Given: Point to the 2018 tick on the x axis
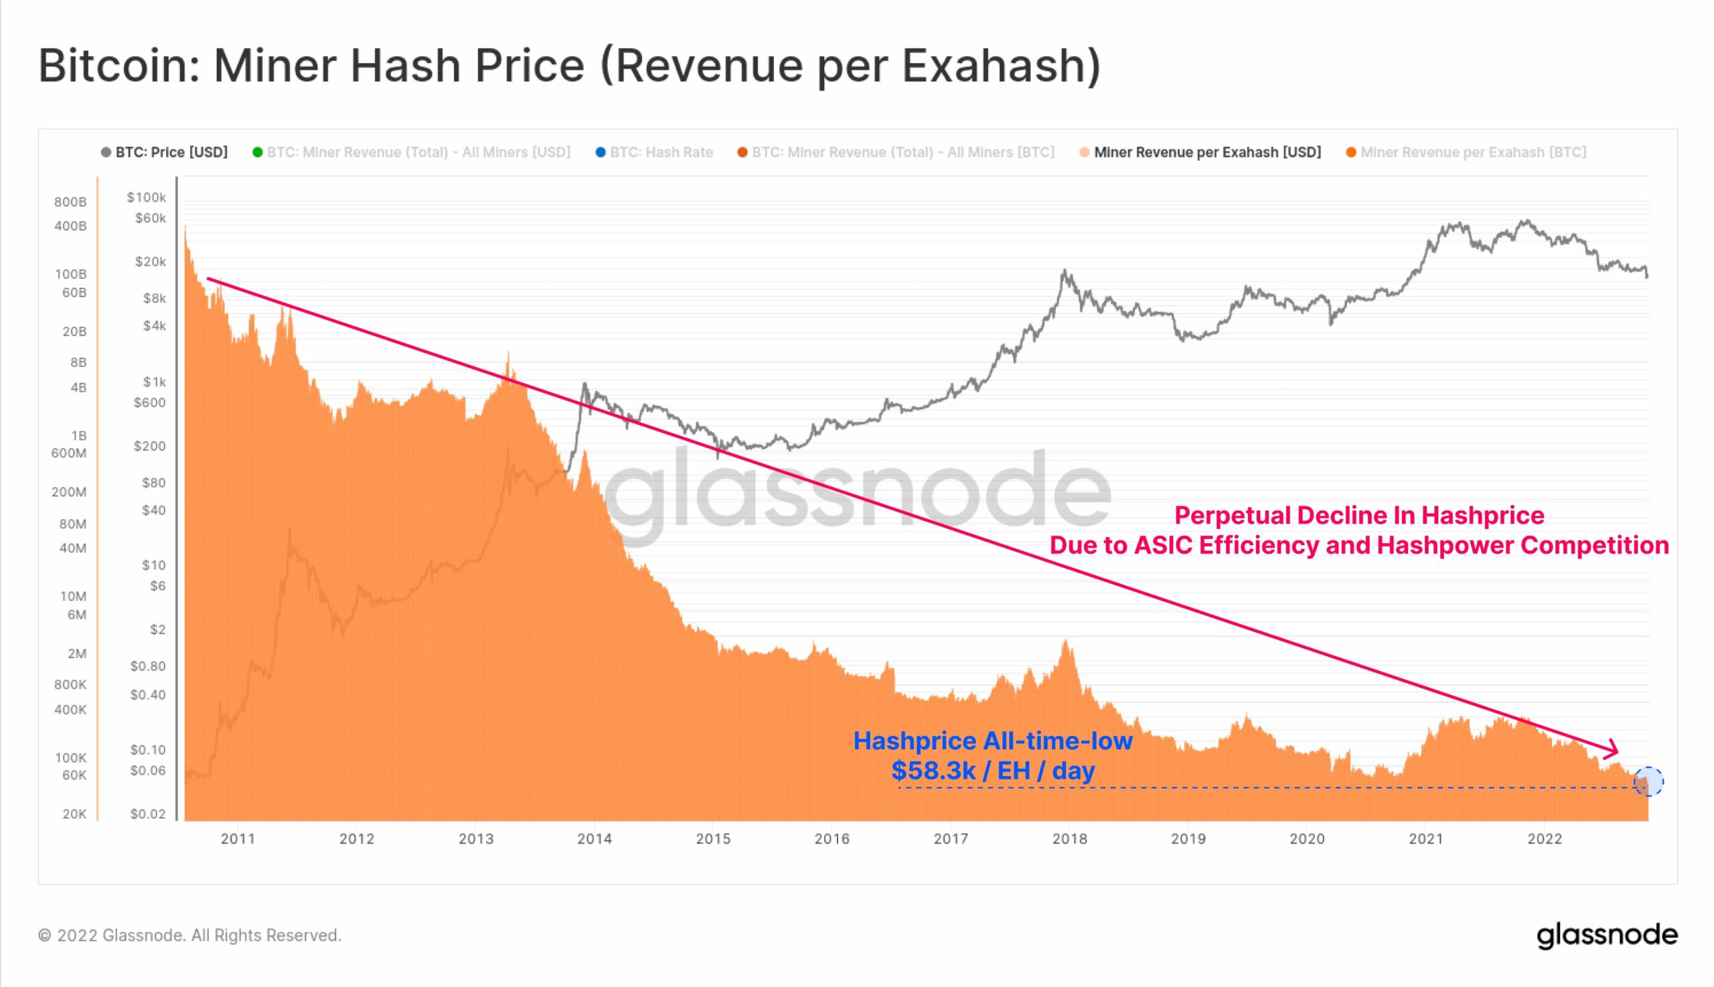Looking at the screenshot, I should coord(1069,839).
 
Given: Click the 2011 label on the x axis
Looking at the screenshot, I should coord(238,839).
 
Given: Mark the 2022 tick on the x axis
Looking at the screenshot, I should coord(1545,839).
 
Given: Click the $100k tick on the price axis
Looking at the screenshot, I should coord(147,198).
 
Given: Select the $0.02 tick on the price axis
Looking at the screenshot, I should coord(148,814).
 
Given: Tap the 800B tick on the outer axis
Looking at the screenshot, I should coord(70,202).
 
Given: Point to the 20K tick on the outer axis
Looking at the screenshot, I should coord(74,814).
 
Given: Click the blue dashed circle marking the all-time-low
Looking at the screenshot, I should coord(1648,781).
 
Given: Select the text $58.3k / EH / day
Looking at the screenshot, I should coord(993,771).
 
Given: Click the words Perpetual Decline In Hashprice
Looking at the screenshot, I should coord(1359,515).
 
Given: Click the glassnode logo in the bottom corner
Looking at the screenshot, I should coord(1607,935).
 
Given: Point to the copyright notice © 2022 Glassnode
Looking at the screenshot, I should coord(189,935).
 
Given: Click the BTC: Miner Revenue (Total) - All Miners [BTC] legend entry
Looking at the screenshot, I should coord(903,153).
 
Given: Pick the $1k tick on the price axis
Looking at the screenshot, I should coord(154,382).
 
